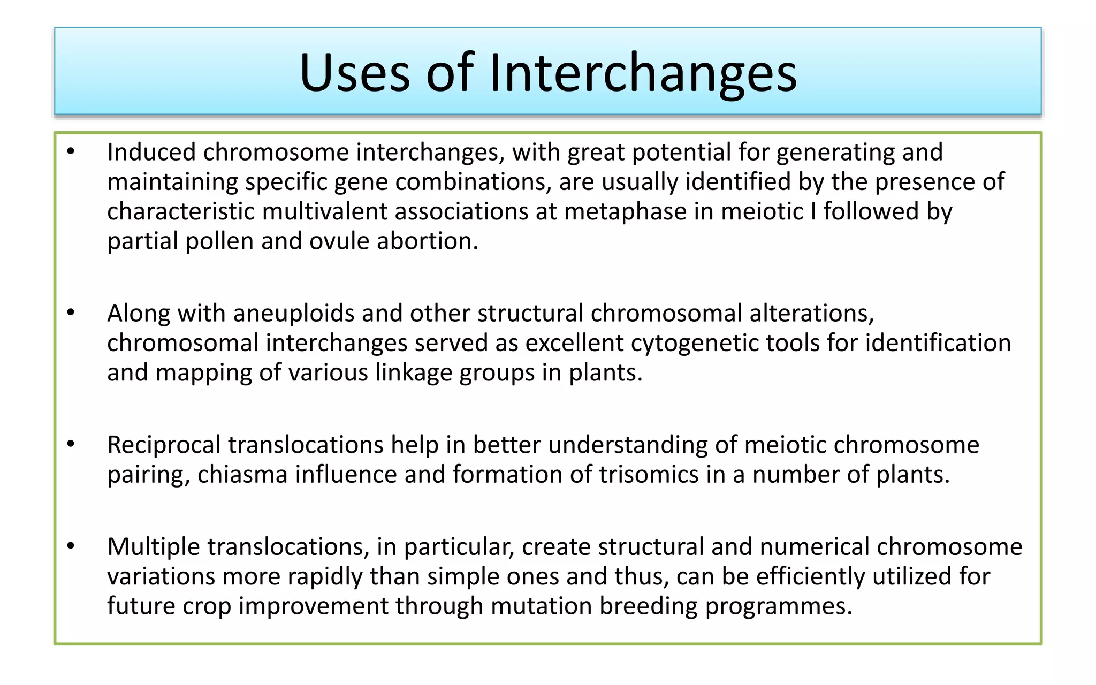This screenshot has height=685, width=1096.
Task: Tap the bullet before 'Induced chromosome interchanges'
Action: (71, 152)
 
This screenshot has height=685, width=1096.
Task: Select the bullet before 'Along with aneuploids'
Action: (71, 313)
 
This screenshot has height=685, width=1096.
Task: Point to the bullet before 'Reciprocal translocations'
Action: (71, 444)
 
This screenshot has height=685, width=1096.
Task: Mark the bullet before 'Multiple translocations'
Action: (71, 546)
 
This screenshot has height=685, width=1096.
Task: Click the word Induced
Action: (151, 152)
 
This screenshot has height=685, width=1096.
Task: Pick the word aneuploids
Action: (293, 313)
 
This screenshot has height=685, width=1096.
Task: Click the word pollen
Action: (219, 241)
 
